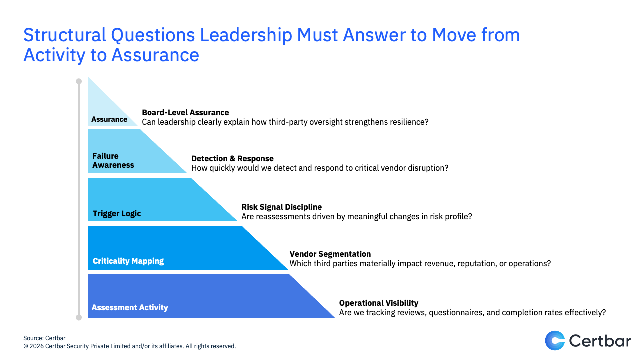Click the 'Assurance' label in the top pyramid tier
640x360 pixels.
pos(109,119)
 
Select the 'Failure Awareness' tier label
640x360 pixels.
pos(113,160)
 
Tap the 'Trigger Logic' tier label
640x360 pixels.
pos(117,213)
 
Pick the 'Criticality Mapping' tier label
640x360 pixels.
pos(128,261)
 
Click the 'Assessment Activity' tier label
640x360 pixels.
pos(130,307)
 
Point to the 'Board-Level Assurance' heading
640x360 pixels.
pos(185,112)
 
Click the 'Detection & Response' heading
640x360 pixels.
pos(232,158)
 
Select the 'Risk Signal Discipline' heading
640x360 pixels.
pos(281,207)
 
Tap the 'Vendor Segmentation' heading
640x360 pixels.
pos(330,254)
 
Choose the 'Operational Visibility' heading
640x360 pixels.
pos(379,303)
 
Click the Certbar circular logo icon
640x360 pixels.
pos(555,340)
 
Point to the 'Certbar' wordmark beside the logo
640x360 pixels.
pos(599,341)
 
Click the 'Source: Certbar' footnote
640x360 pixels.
pos(44,338)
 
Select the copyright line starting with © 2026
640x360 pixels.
pos(129,346)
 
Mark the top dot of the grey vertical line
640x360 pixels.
pos(79,81)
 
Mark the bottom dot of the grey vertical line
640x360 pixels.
pos(79,317)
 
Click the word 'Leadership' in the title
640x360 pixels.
pos(246,35)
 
